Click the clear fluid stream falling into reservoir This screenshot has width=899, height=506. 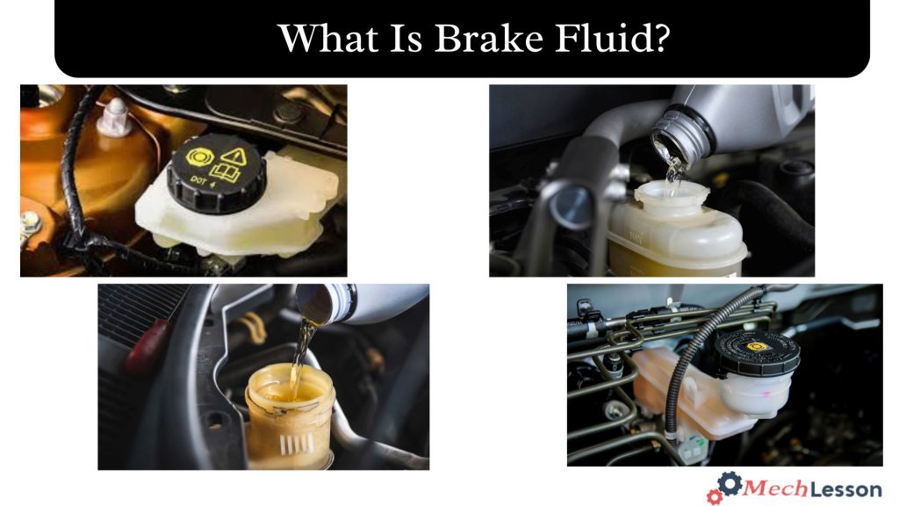[672, 176]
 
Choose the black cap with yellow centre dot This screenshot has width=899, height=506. [756, 351]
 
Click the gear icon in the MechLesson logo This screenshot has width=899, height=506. [729, 482]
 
